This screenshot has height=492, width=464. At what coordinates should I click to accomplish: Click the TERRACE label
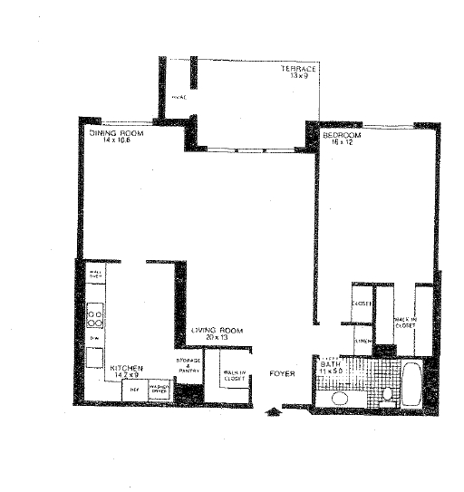point(297,69)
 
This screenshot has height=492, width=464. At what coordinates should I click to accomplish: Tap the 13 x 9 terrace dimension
point(298,77)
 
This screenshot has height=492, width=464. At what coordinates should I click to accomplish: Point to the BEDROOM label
point(342,136)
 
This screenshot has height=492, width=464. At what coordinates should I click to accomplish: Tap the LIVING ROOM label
point(218,330)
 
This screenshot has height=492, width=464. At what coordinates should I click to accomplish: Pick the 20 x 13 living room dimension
point(217,338)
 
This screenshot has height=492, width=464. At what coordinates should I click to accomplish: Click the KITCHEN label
point(127,369)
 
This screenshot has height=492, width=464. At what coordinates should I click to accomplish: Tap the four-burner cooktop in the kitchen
point(93,315)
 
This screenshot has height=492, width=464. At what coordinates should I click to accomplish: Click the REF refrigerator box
point(133,390)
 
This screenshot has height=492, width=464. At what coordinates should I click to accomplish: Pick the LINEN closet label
point(362,341)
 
